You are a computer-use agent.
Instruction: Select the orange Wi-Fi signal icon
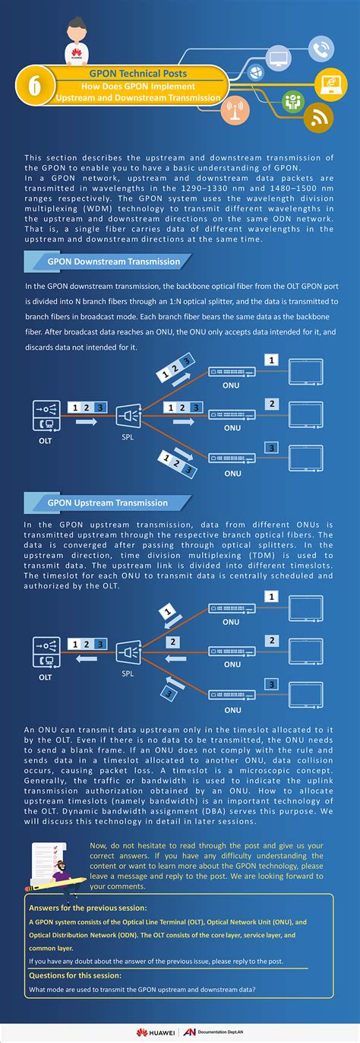click(x=319, y=117)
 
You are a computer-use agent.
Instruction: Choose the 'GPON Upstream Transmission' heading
click(x=107, y=502)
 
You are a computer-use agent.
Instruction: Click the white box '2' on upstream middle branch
click(x=174, y=642)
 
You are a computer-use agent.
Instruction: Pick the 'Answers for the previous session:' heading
click(x=77, y=908)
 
